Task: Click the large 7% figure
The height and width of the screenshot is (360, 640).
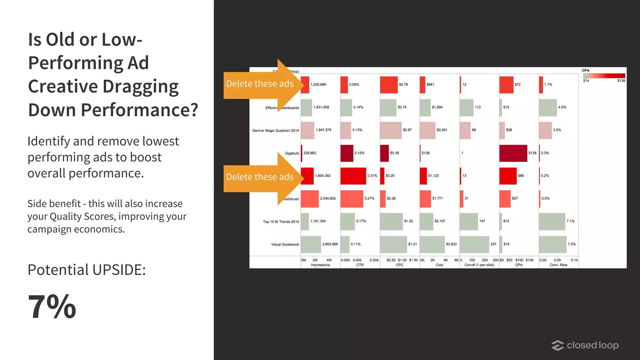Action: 52,307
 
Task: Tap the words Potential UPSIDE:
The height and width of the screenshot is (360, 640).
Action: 87,270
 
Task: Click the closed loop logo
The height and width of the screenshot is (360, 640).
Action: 585,345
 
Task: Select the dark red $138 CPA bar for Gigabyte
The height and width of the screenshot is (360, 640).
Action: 513,153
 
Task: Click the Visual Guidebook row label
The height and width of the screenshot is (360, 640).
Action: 285,244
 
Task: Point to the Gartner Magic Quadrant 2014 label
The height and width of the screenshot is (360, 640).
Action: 275,131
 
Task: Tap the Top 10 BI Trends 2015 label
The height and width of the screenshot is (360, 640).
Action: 281,222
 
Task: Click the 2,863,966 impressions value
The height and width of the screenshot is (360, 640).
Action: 330,244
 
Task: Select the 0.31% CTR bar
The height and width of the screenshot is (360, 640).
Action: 353,176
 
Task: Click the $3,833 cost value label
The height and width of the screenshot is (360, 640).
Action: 451,244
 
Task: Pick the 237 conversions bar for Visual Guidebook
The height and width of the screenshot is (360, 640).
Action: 474,244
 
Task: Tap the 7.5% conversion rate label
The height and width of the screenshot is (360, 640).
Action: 572,244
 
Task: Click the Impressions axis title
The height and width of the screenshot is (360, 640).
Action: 320,265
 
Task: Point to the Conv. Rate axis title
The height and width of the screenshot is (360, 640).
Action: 558,265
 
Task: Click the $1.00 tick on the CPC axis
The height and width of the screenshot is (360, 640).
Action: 402,260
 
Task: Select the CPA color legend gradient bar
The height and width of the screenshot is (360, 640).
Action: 604,76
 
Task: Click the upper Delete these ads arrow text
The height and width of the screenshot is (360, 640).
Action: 260,84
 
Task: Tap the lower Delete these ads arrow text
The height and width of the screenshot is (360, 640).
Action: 260,177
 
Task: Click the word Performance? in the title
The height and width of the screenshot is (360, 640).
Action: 139,110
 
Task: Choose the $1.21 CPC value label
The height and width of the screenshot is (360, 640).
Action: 412,244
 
